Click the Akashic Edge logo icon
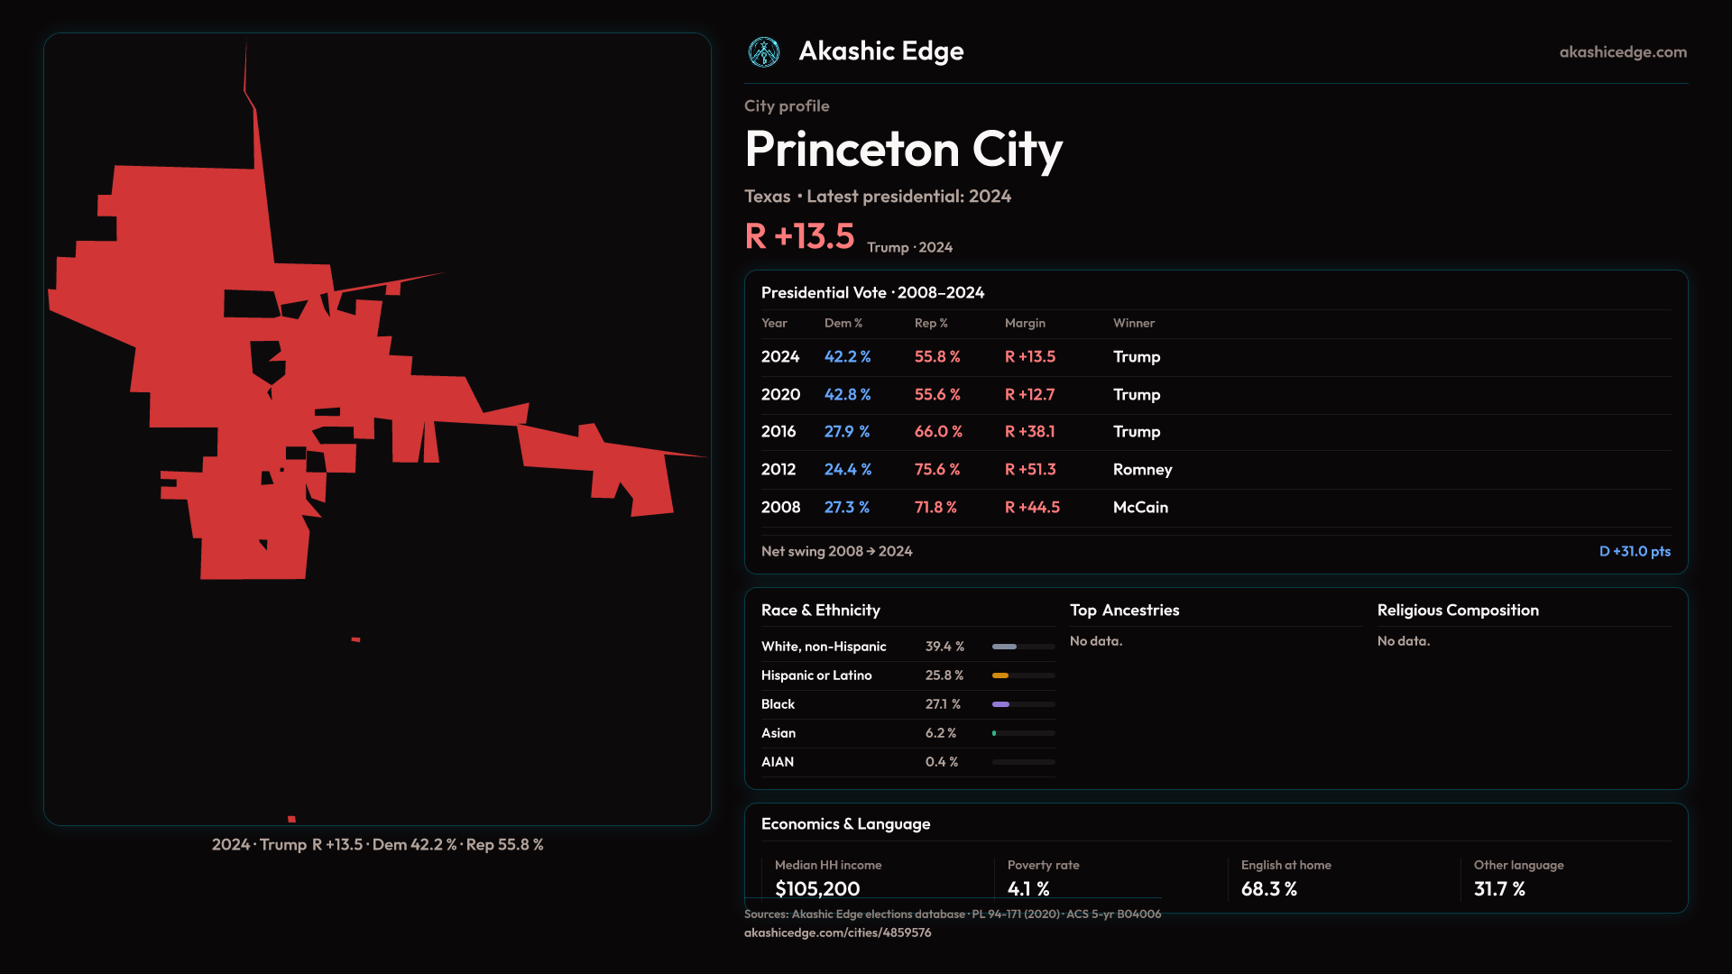pyautogui.click(x=764, y=52)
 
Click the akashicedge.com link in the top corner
pyautogui.click(x=1623, y=52)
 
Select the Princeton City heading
pyautogui.click(x=903, y=149)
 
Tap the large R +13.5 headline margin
pyautogui.click(x=799, y=236)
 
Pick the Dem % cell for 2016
pyautogui.click(x=846, y=432)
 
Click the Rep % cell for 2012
pyautogui.click(x=936, y=470)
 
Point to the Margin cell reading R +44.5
pyautogui.click(x=1032, y=508)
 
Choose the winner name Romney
pyautogui.click(x=1142, y=470)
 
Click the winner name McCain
pyautogui.click(x=1140, y=508)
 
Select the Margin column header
pyautogui.click(x=1025, y=323)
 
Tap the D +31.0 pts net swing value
pyautogui.click(x=1635, y=551)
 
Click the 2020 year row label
pyautogui.click(x=780, y=395)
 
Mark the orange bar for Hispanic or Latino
pyautogui.click(x=1000, y=675)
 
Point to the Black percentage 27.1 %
pyautogui.click(x=943, y=704)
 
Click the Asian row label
pyautogui.click(x=778, y=733)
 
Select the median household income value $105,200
pyautogui.click(x=817, y=888)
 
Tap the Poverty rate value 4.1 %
pyautogui.click(x=1028, y=888)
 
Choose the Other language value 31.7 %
pyautogui.click(x=1499, y=888)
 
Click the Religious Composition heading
pyautogui.click(x=1458, y=611)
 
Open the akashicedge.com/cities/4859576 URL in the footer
pyautogui.click(x=837, y=933)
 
